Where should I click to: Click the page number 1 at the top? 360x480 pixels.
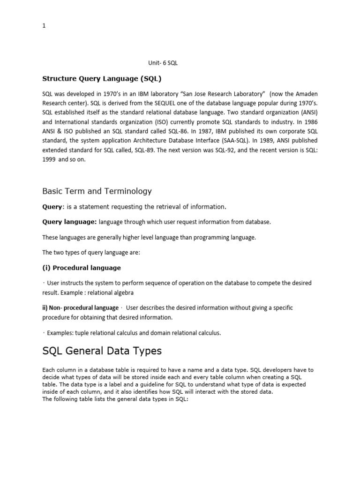[x=44, y=26]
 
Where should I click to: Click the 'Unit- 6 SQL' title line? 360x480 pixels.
[x=162, y=63]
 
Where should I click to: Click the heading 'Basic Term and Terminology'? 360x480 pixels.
[x=97, y=191]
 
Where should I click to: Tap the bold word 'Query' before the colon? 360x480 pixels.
[x=52, y=207]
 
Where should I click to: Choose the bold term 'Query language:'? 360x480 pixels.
[x=69, y=222]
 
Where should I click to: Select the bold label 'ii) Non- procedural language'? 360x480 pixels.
[x=80, y=308]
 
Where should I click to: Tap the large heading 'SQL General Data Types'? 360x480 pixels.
[x=102, y=351]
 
